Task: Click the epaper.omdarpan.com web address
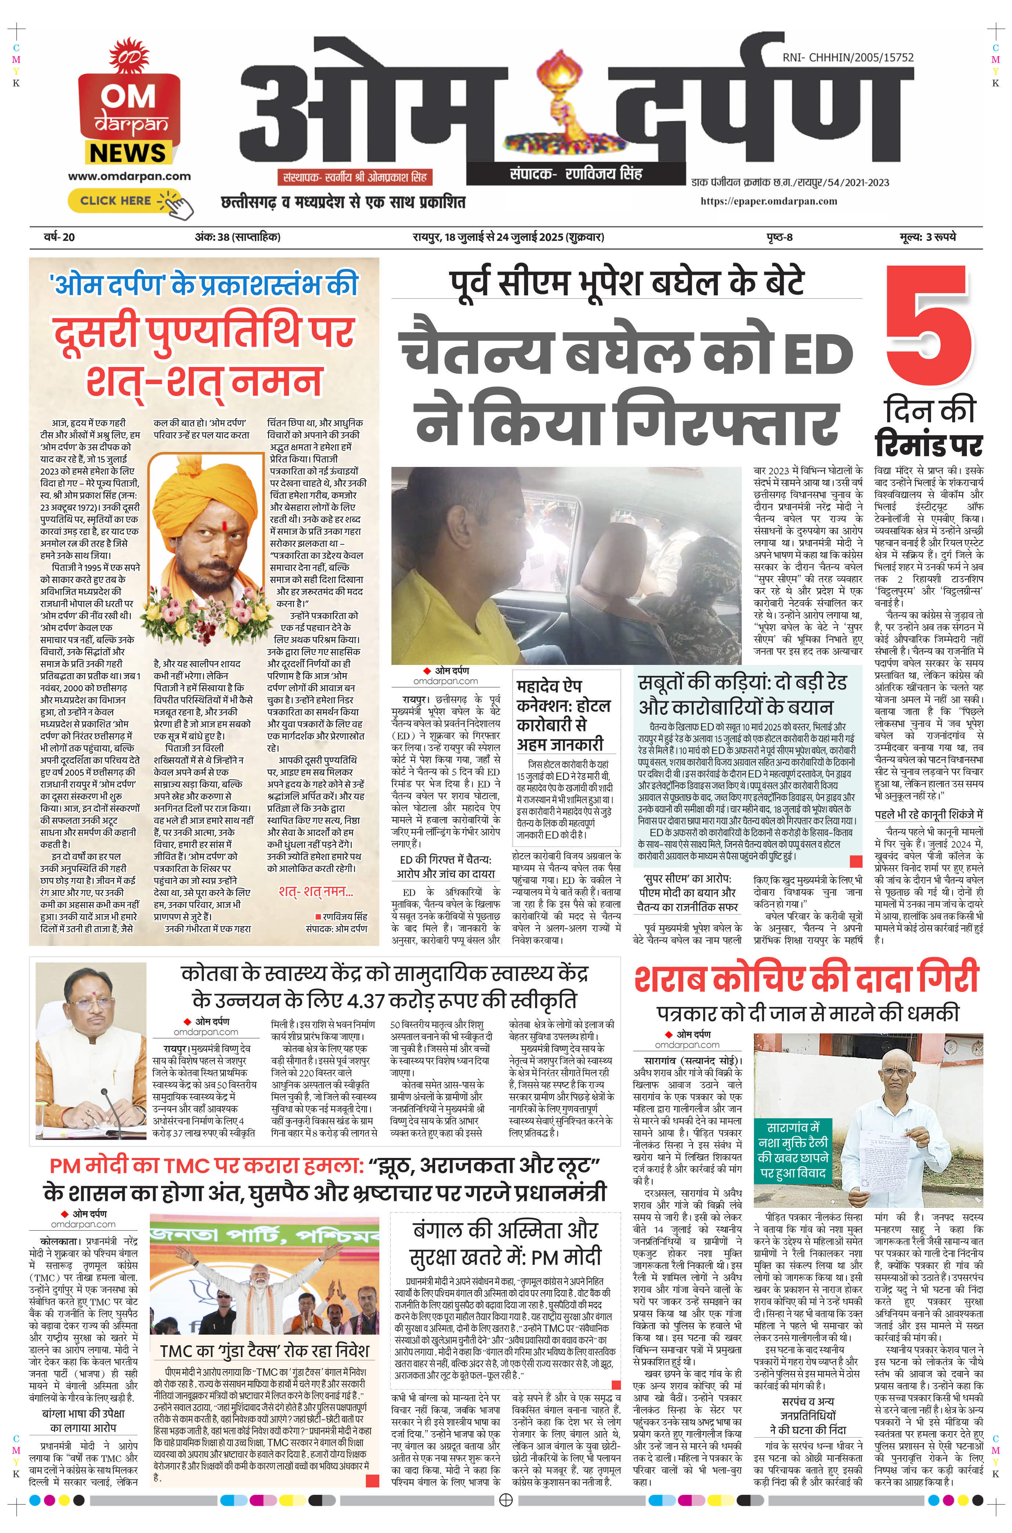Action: [768, 201]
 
